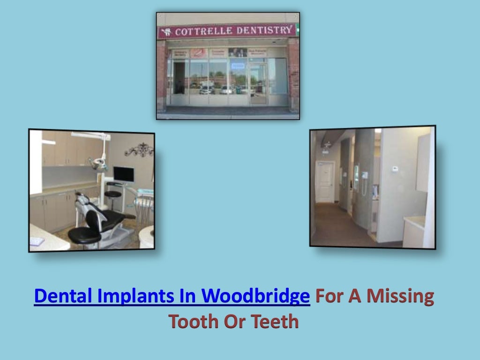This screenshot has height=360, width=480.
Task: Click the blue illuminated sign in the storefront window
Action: [238, 66]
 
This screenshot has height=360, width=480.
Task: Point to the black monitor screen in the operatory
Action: [123, 174]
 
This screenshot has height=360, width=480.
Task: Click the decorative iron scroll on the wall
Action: [139, 150]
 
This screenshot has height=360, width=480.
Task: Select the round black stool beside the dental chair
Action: [113, 194]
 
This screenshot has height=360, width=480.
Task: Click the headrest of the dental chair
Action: [82, 199]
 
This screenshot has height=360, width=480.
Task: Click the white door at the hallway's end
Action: [325, 181]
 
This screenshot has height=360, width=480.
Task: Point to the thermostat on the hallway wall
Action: [395, 168]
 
